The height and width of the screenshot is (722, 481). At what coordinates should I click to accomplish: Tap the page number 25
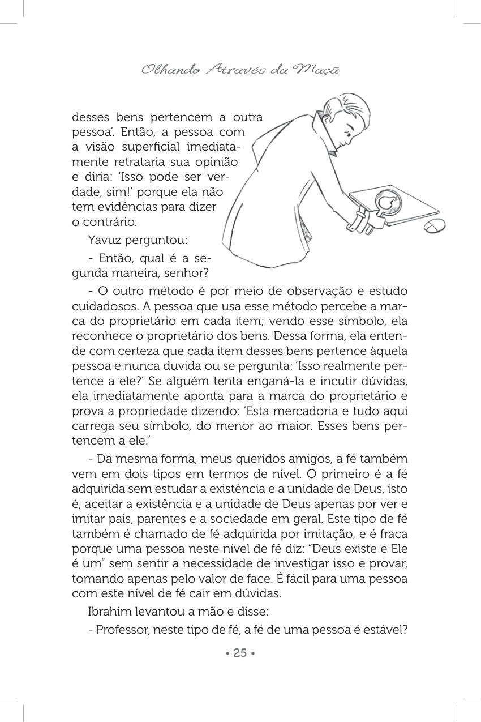coord(240,653)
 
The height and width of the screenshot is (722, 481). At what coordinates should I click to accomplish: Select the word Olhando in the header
coord(163,70)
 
